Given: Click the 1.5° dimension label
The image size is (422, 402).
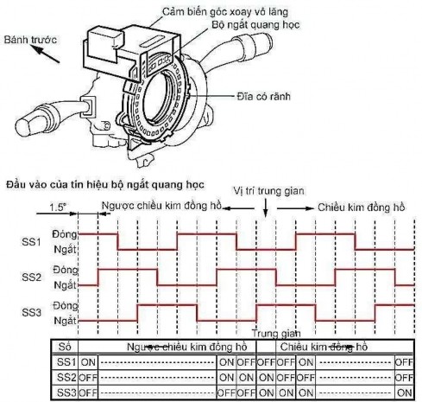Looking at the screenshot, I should click(x=58, y=208).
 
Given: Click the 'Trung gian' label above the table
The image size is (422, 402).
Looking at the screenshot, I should click(x=273, y=333).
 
